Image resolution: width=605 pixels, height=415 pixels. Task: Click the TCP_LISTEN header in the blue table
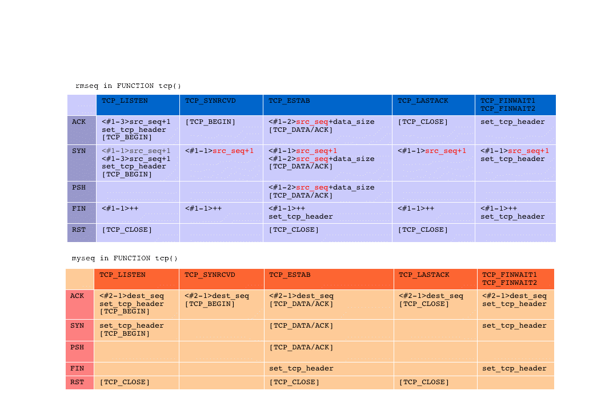pos(138,105)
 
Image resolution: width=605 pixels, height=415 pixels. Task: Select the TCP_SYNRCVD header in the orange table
pos(222,279)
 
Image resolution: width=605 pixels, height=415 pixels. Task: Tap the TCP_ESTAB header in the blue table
pos(327,105)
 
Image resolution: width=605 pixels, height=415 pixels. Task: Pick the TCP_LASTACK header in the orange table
pos(436,279)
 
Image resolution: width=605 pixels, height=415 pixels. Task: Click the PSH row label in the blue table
pos(82,192)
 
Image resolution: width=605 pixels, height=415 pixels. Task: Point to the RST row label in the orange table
pos(80,382)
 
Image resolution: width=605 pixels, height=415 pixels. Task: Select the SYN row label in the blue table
pos(82,163)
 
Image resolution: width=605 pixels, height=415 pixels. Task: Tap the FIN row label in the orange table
pos(80,369)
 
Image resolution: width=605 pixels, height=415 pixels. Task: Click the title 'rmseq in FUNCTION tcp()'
pos(128,86)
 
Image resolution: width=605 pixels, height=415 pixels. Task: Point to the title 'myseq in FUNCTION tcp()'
pos(125,258)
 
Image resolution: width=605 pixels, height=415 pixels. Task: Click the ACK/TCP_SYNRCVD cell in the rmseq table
pos(222,130)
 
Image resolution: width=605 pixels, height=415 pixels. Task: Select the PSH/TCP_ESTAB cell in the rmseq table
pos(327,192)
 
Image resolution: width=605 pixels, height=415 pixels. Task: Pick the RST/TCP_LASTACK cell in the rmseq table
pos(434,233)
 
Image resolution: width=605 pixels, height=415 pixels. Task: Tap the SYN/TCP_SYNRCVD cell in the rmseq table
pos(222,163)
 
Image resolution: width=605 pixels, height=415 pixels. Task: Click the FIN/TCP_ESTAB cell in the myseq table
pos(329,369)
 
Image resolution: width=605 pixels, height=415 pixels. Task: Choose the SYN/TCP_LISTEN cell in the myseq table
pos(137,330)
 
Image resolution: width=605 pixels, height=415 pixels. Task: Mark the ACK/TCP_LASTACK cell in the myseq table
pos(436,304)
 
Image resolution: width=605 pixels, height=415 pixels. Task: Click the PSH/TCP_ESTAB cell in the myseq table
pos(329,352)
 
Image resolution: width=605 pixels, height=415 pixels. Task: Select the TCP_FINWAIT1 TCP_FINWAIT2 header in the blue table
pos(515,105)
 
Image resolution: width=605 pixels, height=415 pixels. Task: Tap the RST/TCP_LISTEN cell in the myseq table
pos(137,382)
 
